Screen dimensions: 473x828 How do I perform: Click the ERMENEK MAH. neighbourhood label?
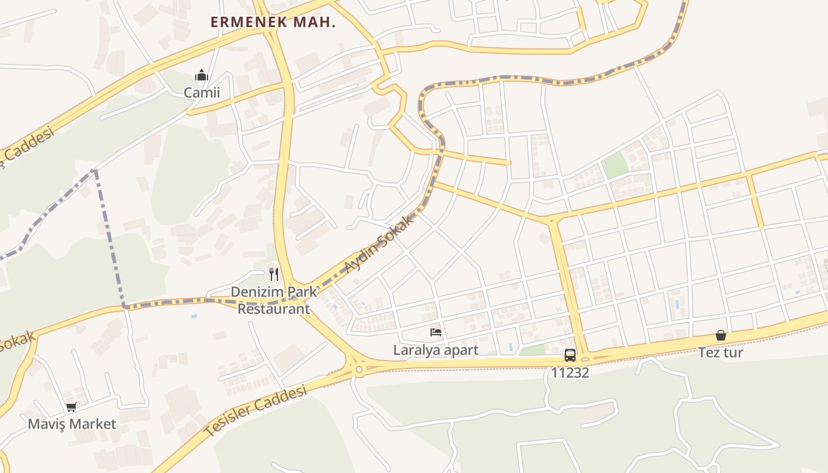pyautogui.click(x=273, y=22)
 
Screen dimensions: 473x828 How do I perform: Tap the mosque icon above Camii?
pyautogui.click(x=202, y=76)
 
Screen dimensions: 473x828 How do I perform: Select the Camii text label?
pyautogui.click(x=202, y=93)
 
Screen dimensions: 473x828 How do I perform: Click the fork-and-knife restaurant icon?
pyautogui.click(x=273, y=274)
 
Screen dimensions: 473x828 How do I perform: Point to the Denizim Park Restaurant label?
pyautogui.click(x=273, y=300)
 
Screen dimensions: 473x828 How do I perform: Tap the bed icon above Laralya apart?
pyautogui.click(x=436, y=332)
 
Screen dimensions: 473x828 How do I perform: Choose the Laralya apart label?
pyautogui.click(x=436, y=350)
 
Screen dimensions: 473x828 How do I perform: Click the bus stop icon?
pyautogui.click(x=570, y=355)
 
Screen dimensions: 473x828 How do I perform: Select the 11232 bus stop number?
pyautogui.click(x=570, y=373)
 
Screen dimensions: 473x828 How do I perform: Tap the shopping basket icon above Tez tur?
pyautogui.click(x=721, y=335)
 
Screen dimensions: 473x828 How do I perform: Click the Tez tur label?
pyautogui.click(x=721, y=353)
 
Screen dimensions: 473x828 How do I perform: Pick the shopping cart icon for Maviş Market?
pyautogui.click(x=72, y=407)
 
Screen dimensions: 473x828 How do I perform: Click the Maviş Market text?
pyautogui.click(x=72, y=425)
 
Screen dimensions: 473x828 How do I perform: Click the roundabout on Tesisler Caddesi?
pyautogui.click(x=359, y=370)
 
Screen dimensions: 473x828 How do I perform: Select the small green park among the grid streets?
pyautogui.click(x=615, y=165)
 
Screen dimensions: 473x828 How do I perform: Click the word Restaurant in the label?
pyautogui.click(x=273, y=309)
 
